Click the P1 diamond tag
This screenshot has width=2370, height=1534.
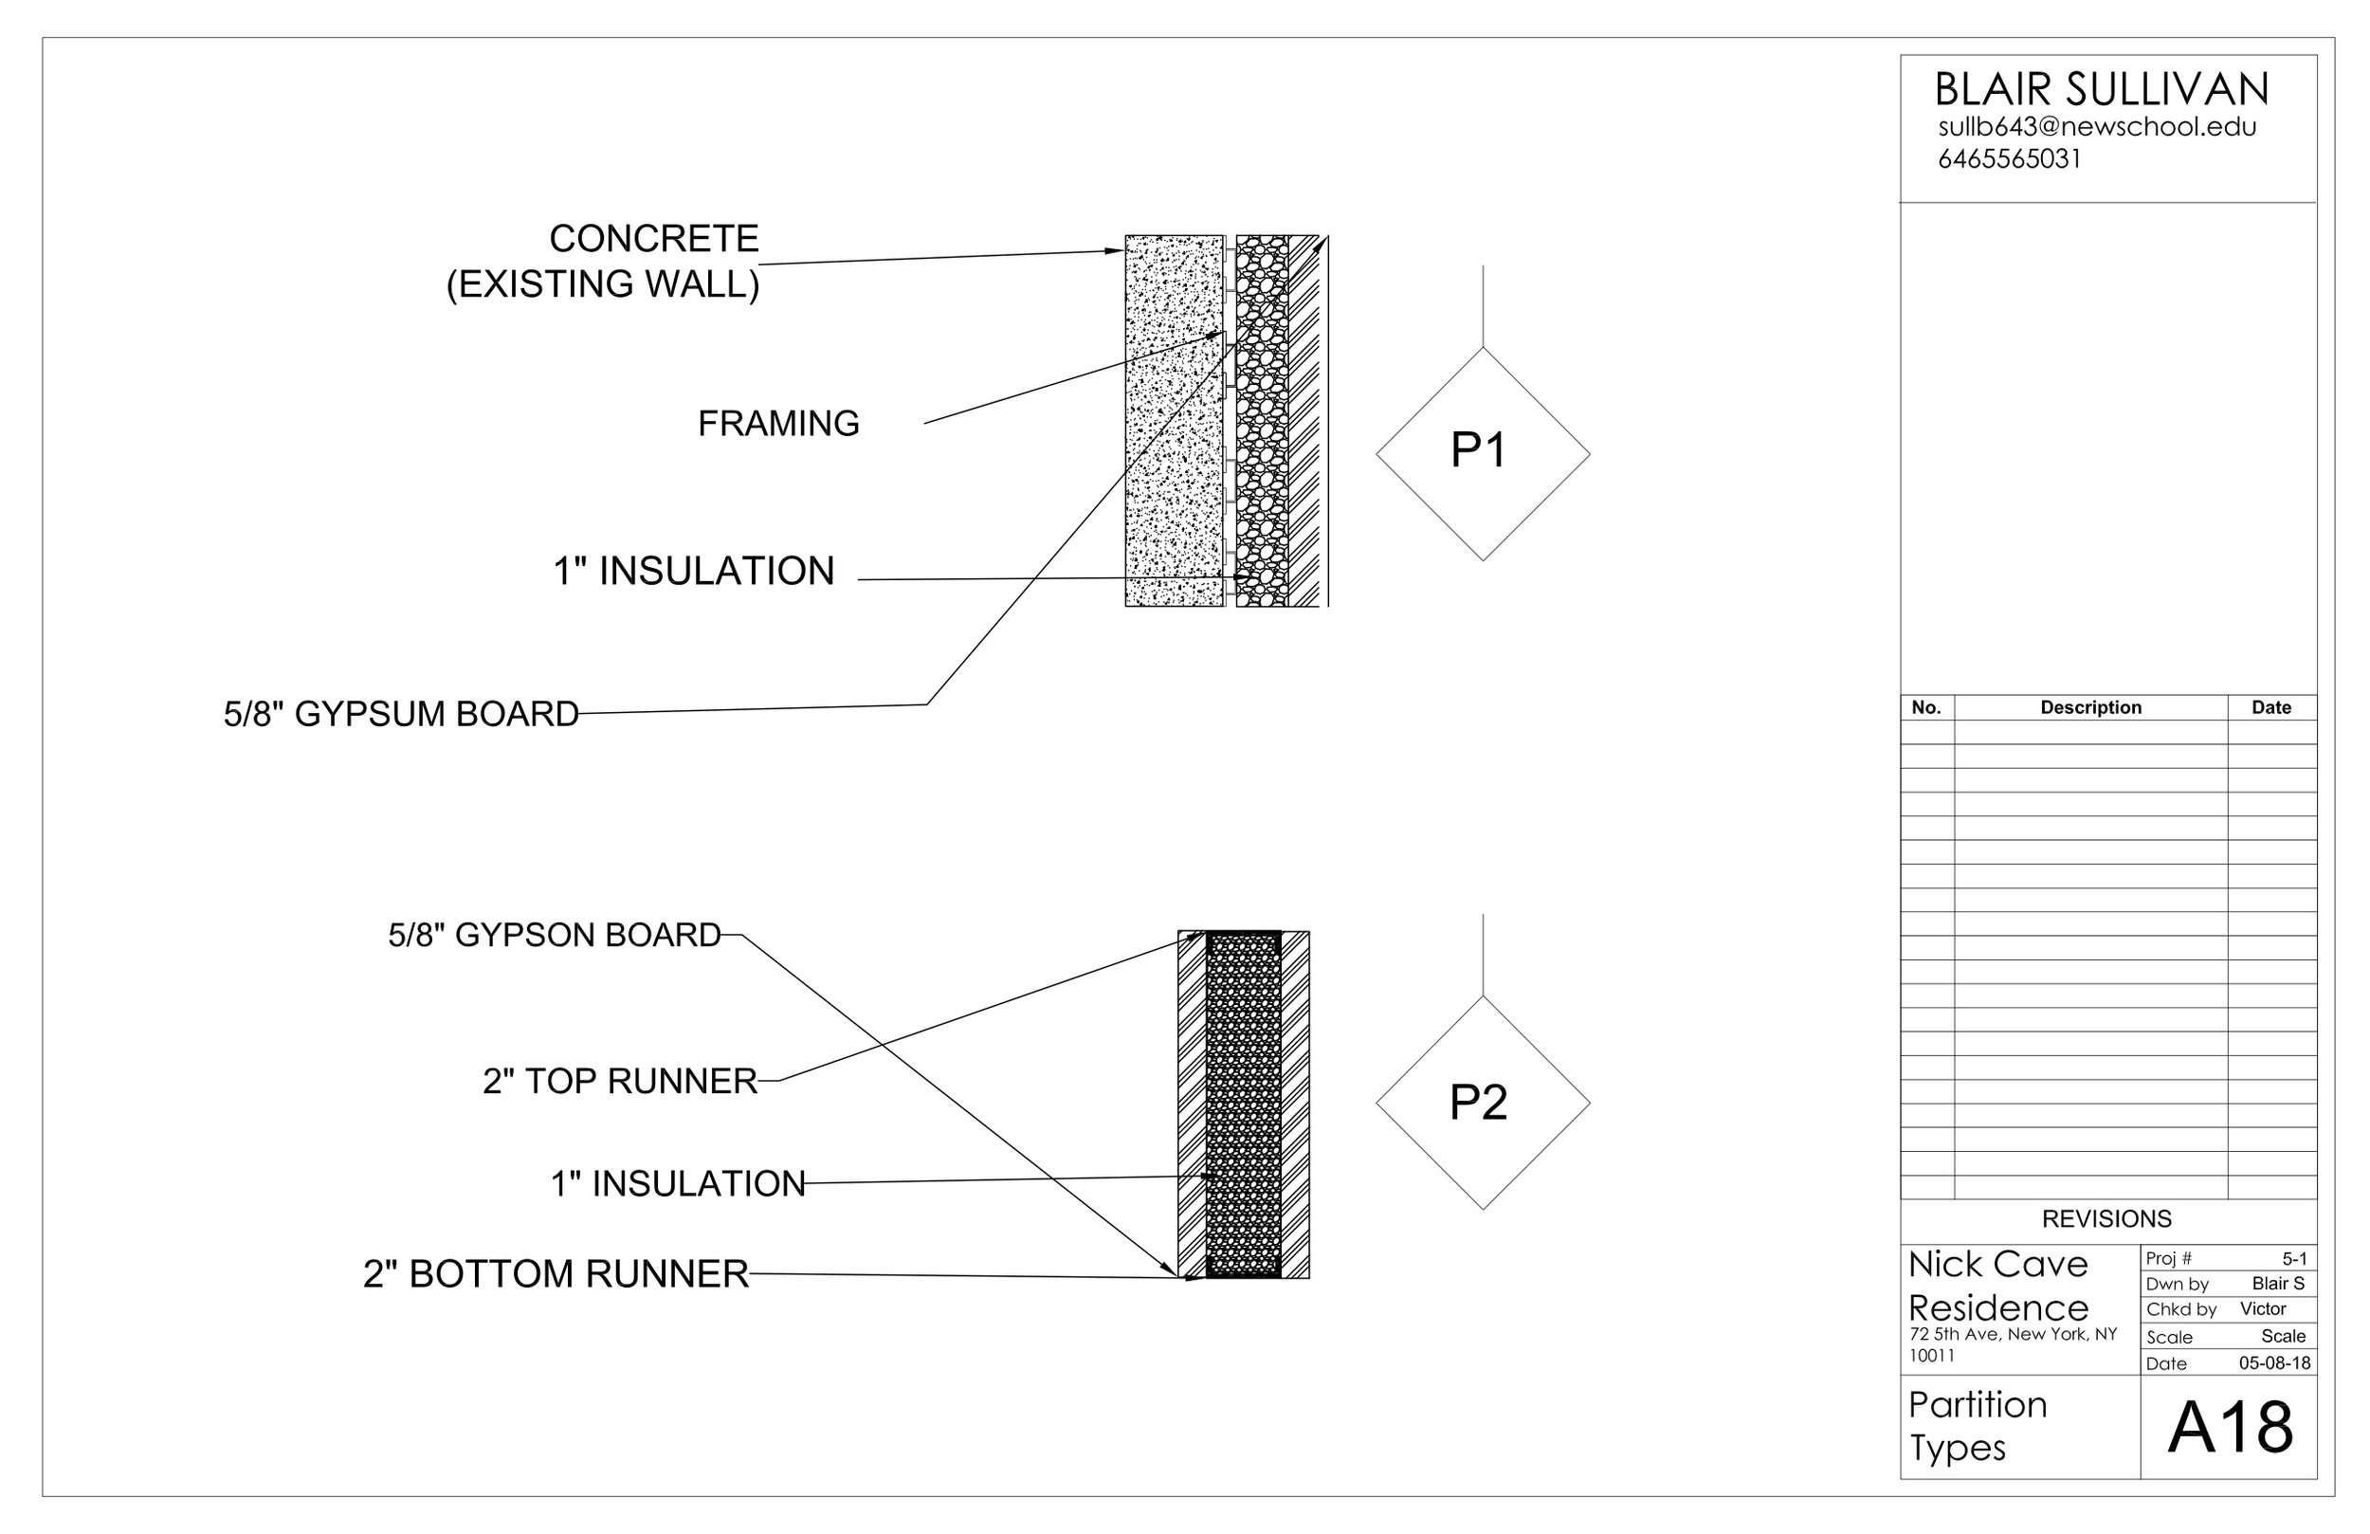point(1482,453)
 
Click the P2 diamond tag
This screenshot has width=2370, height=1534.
point(1482,1103)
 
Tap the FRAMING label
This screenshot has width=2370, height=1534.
point(777,425)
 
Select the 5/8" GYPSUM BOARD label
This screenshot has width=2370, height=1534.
point(400,714)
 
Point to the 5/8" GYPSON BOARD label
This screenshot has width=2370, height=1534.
point(554,936)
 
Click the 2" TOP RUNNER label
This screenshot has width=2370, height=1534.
point(619,1082)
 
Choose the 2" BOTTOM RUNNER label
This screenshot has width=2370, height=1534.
point(555,1274)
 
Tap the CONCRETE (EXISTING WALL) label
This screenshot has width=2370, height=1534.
point(604,261)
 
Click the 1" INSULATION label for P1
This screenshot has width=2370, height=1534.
point(693,572)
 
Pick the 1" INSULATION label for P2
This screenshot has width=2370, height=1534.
point(677,1184)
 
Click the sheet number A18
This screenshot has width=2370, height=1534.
point(2230,1429)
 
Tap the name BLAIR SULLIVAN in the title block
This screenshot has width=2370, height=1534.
point(2101,91)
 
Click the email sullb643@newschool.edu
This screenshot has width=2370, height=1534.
point(2096,127)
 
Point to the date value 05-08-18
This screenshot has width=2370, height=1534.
point(2274,1363)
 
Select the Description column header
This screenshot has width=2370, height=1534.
point(2090,708)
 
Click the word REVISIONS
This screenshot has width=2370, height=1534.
point(2106,1219)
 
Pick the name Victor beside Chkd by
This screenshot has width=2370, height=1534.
point(2263,1309)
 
